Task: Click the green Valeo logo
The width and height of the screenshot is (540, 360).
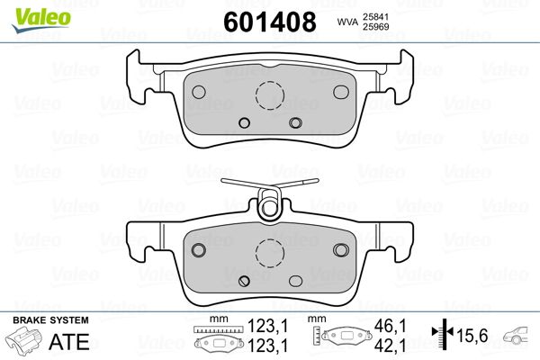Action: [41, 20]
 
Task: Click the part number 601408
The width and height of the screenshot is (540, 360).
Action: [270, 22]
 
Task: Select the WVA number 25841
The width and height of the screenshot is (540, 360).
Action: [375, 17]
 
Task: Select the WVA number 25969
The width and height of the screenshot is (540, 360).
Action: [375, 27]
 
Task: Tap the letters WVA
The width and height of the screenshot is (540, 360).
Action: [347, 22]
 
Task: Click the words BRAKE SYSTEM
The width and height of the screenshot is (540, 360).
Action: [50, 320]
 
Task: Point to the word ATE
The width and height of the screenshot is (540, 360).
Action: [69, 341]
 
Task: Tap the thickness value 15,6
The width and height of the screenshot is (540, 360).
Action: [472, 335]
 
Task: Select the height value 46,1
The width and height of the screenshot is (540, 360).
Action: [391, 326]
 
